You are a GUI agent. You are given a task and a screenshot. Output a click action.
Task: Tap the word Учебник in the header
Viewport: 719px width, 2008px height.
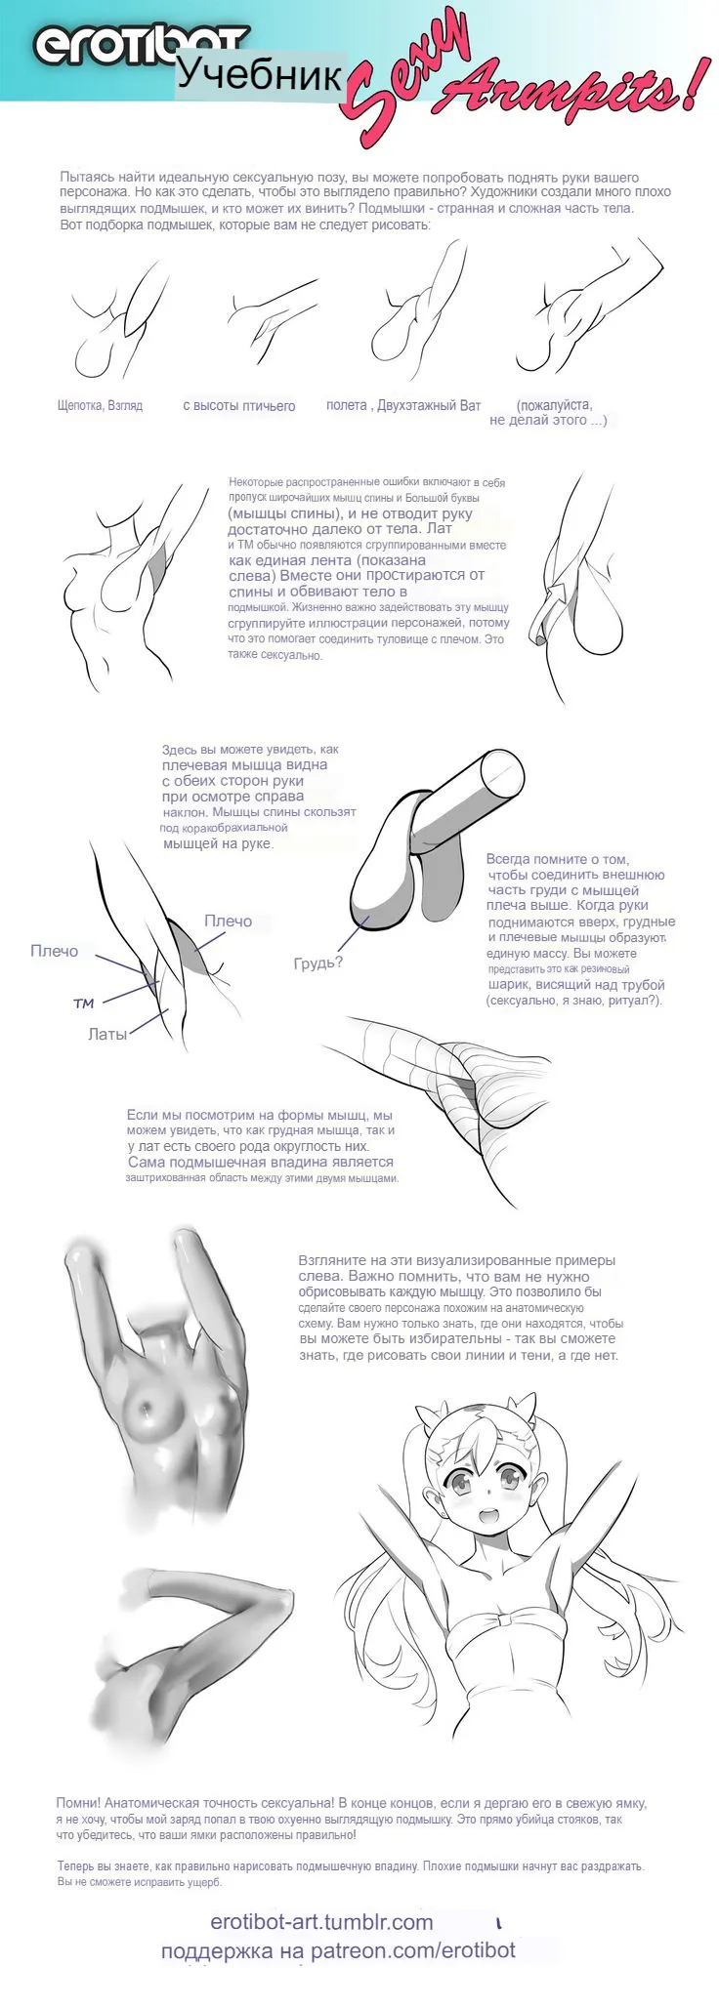tap(260, 75)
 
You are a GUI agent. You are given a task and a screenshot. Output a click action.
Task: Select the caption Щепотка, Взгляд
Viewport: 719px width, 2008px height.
tap(101, 405)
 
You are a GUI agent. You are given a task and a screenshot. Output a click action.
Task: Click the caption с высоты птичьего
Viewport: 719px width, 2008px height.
tap(238, 405)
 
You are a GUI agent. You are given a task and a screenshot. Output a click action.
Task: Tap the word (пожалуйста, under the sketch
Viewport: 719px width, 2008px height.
tap(554, 404)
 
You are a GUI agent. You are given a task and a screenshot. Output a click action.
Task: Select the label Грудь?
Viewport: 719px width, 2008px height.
tap(318, 963)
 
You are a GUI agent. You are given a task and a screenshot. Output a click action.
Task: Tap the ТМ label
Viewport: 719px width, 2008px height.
tap(84, 1004)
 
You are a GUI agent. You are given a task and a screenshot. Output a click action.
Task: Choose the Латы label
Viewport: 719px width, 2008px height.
tap(107, 1034)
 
